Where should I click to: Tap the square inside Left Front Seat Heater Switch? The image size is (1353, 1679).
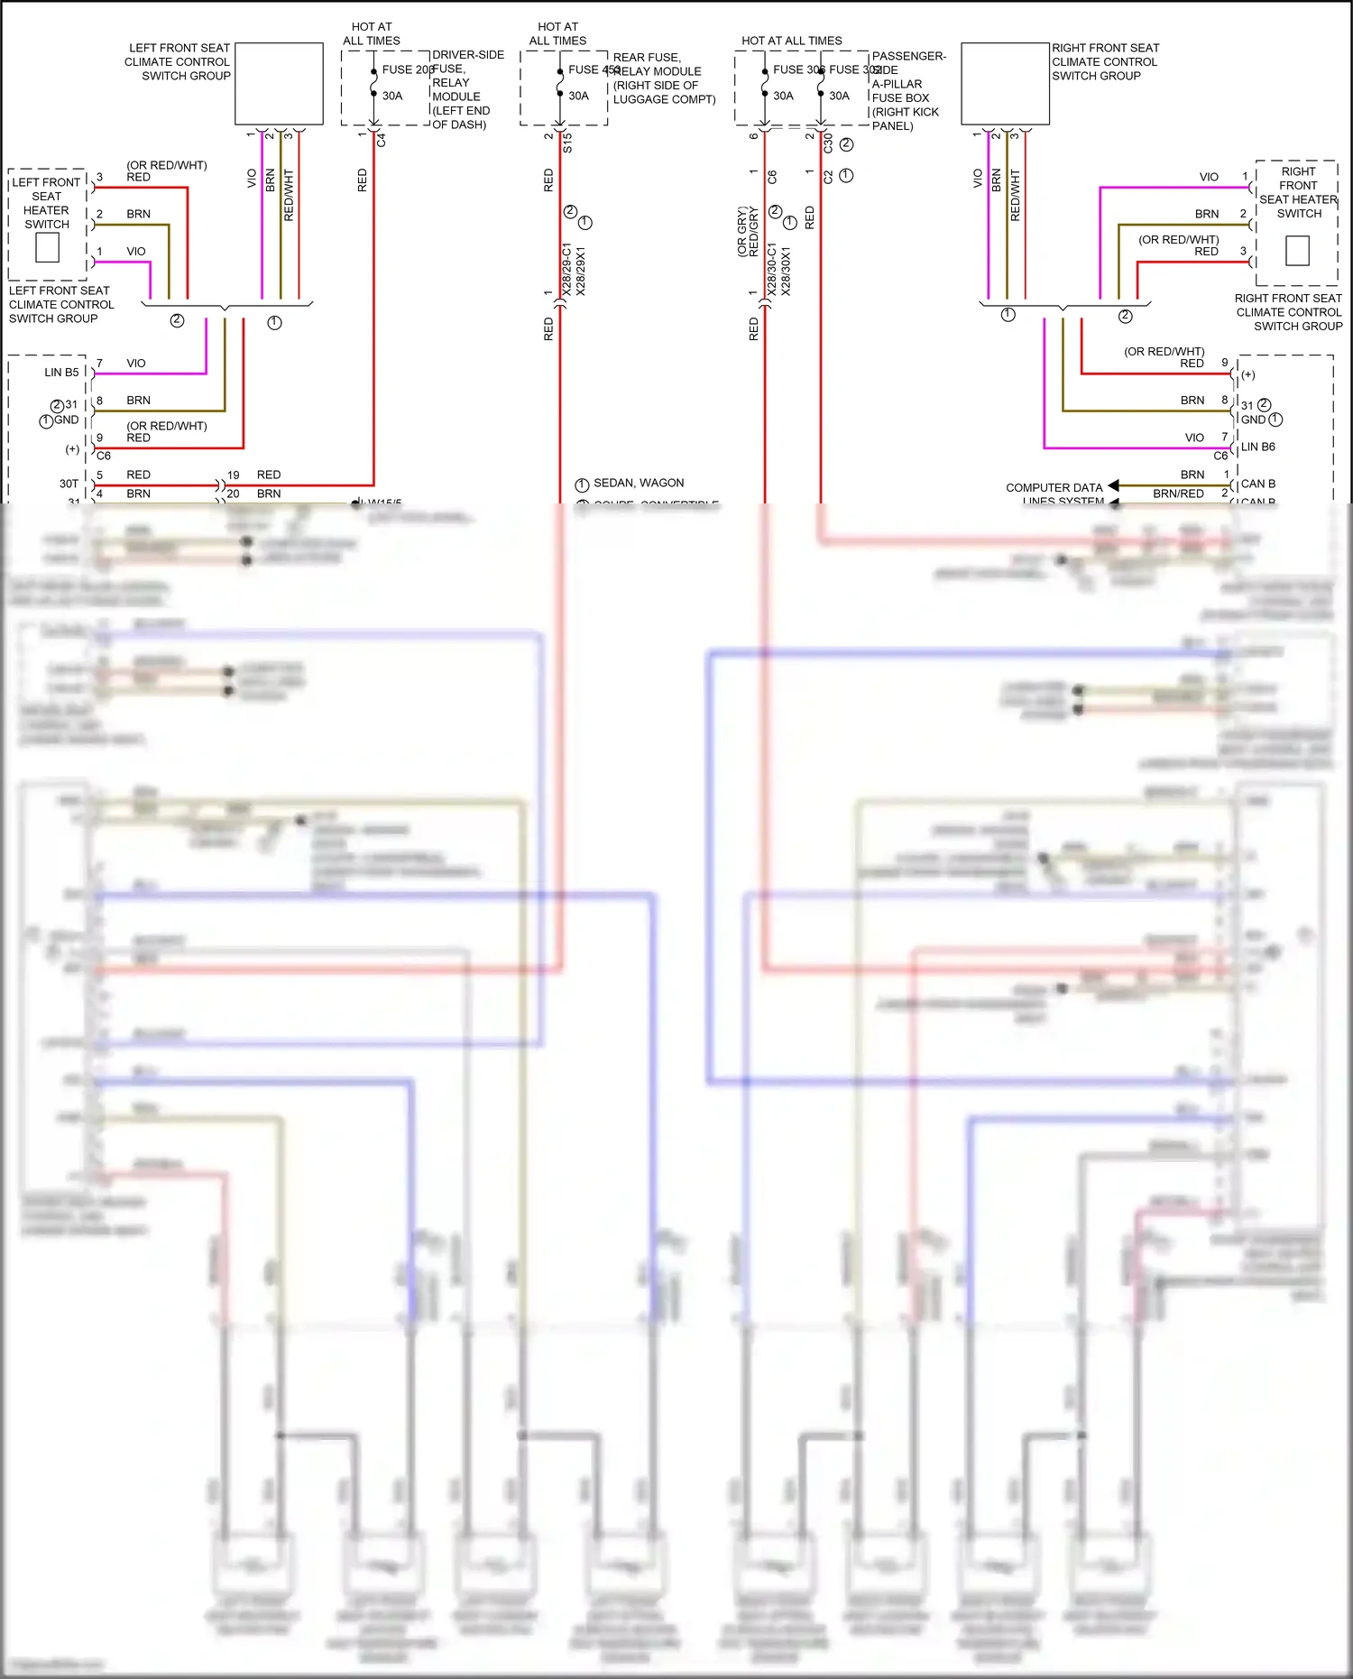pos(47,247)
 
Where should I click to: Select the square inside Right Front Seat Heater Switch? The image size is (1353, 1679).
pos(1297,250)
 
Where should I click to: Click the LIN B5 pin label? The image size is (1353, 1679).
pos(61,373)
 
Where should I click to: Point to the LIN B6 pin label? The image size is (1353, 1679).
pos(1257,447)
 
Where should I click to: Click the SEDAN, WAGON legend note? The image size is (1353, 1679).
pos(638,484)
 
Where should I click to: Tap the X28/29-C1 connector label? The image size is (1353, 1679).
pos(566,269)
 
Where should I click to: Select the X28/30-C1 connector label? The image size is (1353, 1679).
pos(771,269)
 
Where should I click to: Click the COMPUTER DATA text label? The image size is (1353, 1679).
pos(1054,488)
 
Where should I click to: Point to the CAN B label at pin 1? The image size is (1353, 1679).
pos(1257,484)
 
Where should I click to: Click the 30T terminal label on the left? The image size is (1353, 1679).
pos(69,484)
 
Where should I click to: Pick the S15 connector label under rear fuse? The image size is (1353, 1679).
pos(567,143)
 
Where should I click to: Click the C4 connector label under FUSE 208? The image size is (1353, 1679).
pos(382,141)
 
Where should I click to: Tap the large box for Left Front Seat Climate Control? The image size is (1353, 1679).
pos(279,84)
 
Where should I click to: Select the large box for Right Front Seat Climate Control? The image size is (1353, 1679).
pos(1005,84)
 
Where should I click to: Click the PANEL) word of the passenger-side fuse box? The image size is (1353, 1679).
pos(892,126)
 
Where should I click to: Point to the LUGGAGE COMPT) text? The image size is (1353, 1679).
pos(664,99)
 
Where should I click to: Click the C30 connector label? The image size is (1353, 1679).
pos(828,143)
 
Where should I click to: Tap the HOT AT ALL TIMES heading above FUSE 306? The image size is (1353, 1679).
pos(791,42)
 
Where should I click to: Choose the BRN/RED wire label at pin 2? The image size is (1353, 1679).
pos(1178,494)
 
